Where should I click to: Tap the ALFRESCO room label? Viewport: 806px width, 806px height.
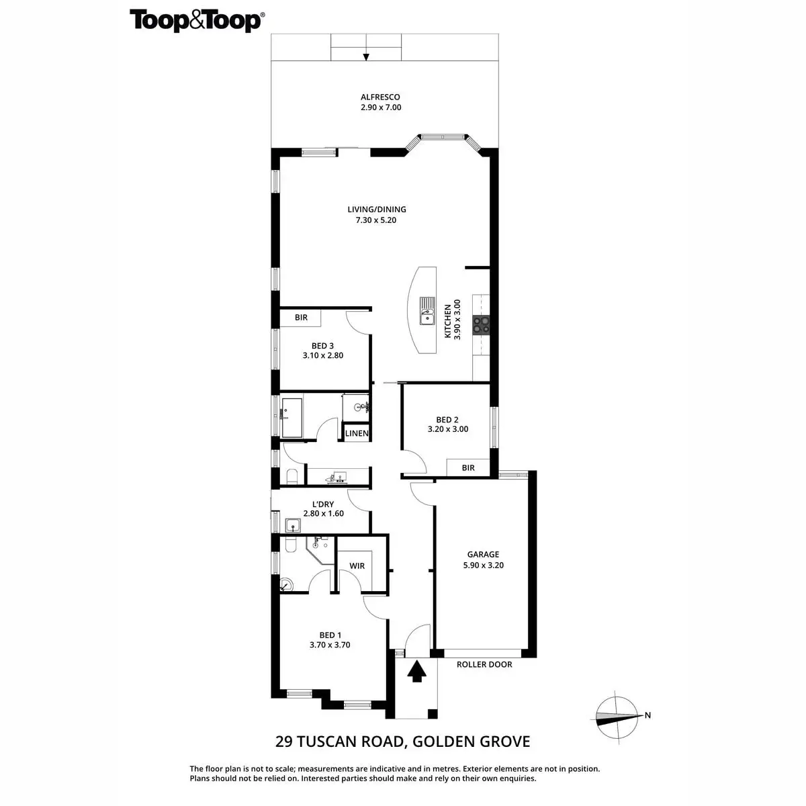(x=380, y=97)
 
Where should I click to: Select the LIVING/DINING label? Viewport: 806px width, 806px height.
(x=376, y=209)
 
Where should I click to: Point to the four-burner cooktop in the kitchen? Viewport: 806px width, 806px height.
(x=481, y=324)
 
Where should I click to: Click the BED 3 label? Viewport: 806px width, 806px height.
(x=322, y=346)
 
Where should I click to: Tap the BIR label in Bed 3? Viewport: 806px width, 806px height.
(x=301, y=318)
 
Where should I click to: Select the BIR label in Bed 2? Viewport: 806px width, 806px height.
(x=468, y=467)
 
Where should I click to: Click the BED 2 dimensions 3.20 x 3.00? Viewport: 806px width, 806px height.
(x=448, y=429)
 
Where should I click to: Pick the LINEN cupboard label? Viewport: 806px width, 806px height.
(x=357, y=433)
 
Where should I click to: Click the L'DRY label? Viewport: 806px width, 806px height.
(x=323, y=504)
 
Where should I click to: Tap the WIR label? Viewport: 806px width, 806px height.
(x=357, y=566)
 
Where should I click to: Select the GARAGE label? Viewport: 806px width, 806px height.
(x=483, y=554)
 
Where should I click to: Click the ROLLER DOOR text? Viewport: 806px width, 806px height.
(x=484, y=664)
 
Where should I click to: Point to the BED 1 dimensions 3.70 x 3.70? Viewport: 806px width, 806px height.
(x=330, y=645)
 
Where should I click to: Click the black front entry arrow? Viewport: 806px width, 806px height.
(x=416, y=671)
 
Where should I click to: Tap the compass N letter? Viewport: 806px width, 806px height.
(x=647, y=715)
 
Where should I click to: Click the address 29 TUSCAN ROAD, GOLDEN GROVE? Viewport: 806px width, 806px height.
(x=403, y=742)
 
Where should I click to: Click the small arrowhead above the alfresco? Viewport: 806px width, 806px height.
(x=366, y=58)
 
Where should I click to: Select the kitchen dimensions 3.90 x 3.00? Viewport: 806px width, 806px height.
(x=457, y=319)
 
